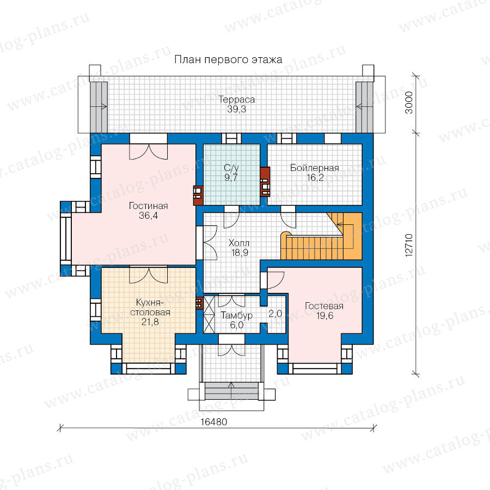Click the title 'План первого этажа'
228,59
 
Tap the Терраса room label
237,100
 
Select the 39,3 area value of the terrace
237,109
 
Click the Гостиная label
149,206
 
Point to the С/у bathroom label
231,168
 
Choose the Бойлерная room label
315,168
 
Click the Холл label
239,243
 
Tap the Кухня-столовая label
150,307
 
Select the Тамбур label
237,315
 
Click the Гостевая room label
324,306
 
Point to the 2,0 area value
275,314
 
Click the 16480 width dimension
214,422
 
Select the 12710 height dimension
409,246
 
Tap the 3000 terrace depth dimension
409,102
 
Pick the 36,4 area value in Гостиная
149,215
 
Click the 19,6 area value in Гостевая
324,316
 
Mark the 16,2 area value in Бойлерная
315,177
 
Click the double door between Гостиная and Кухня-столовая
149,275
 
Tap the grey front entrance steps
231,391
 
